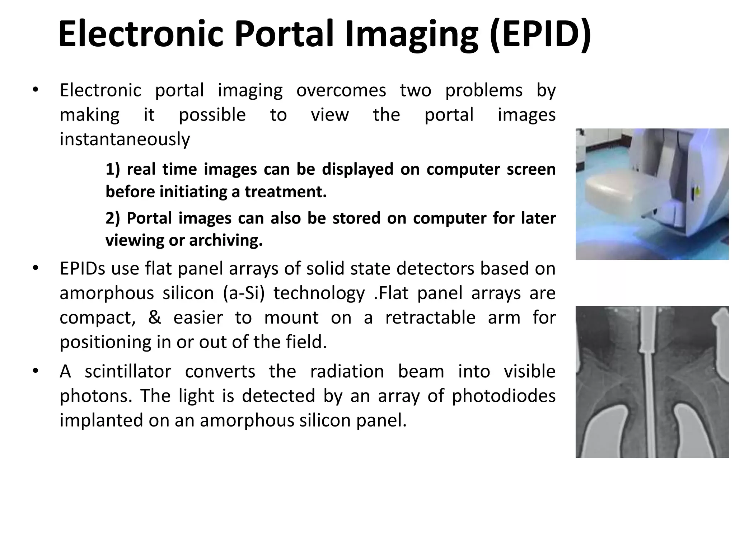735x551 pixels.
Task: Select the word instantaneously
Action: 125,139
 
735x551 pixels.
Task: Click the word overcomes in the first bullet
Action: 341,90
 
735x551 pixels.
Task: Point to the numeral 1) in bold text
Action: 112,169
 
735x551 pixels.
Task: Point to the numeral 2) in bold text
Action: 112,218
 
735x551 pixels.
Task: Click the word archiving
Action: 226,240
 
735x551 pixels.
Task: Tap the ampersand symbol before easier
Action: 154,317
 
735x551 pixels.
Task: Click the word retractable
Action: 430,317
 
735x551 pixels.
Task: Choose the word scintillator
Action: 128,371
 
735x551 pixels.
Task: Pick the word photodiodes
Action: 504,396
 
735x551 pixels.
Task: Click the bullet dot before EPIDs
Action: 35,268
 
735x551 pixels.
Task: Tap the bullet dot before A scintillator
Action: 35,371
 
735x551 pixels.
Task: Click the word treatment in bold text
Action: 286,192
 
